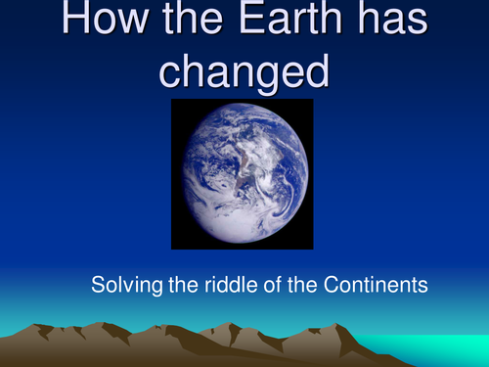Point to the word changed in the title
(x=244, y=71)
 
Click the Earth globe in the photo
(x=242, y=173)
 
